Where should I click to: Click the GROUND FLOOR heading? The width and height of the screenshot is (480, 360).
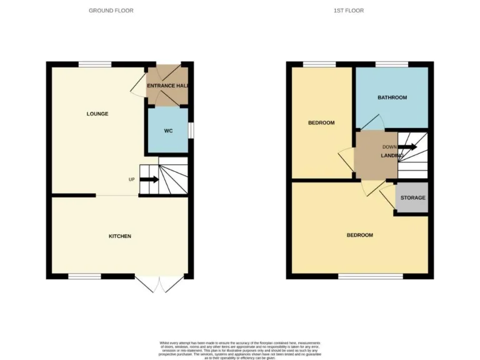coord(111,11)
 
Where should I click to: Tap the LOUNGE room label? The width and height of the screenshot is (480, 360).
coord(97,114)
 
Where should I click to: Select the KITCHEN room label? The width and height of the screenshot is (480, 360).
coord(120,236)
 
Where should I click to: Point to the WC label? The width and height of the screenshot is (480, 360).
coord(168,131)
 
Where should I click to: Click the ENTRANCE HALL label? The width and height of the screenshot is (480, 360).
coord(167,86)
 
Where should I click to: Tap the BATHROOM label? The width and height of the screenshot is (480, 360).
coord(392,97)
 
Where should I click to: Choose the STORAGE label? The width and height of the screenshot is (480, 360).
coord(413,198)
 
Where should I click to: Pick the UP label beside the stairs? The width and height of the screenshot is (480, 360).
coord(131,180)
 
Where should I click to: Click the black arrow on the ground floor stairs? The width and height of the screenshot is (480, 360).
coord(149,180)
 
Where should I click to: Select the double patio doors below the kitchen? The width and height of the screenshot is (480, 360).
coord(161,284)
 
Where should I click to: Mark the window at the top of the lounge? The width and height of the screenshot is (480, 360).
coord(95,64)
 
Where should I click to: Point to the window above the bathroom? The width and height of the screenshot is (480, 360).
coord(392,64)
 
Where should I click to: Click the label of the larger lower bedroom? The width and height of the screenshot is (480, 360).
coord(360,235)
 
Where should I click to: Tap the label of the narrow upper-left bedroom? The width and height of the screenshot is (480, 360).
coord(321,122)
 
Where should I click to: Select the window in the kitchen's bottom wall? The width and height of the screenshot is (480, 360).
coord(85,276)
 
